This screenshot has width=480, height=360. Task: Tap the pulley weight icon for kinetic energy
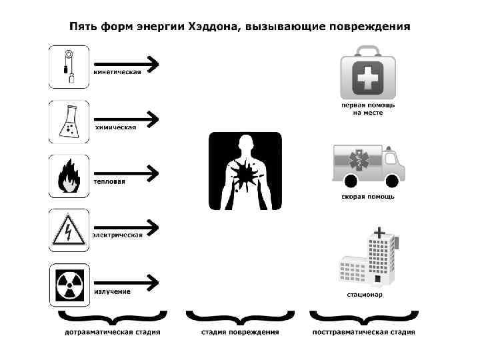[69, 66]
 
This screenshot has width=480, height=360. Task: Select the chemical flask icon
[69, 121]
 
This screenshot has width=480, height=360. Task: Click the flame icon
[69, 176]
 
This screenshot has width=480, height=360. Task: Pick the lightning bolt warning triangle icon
[69, 229]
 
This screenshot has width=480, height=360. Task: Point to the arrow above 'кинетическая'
[126, 63]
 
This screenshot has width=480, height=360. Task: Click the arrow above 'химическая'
[126, 119]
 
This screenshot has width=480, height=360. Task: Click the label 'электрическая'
[118, 235]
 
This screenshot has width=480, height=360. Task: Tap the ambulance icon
[369, 165]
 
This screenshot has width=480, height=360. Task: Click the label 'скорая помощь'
[369, 197]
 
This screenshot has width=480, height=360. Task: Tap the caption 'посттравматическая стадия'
[364, 332]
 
